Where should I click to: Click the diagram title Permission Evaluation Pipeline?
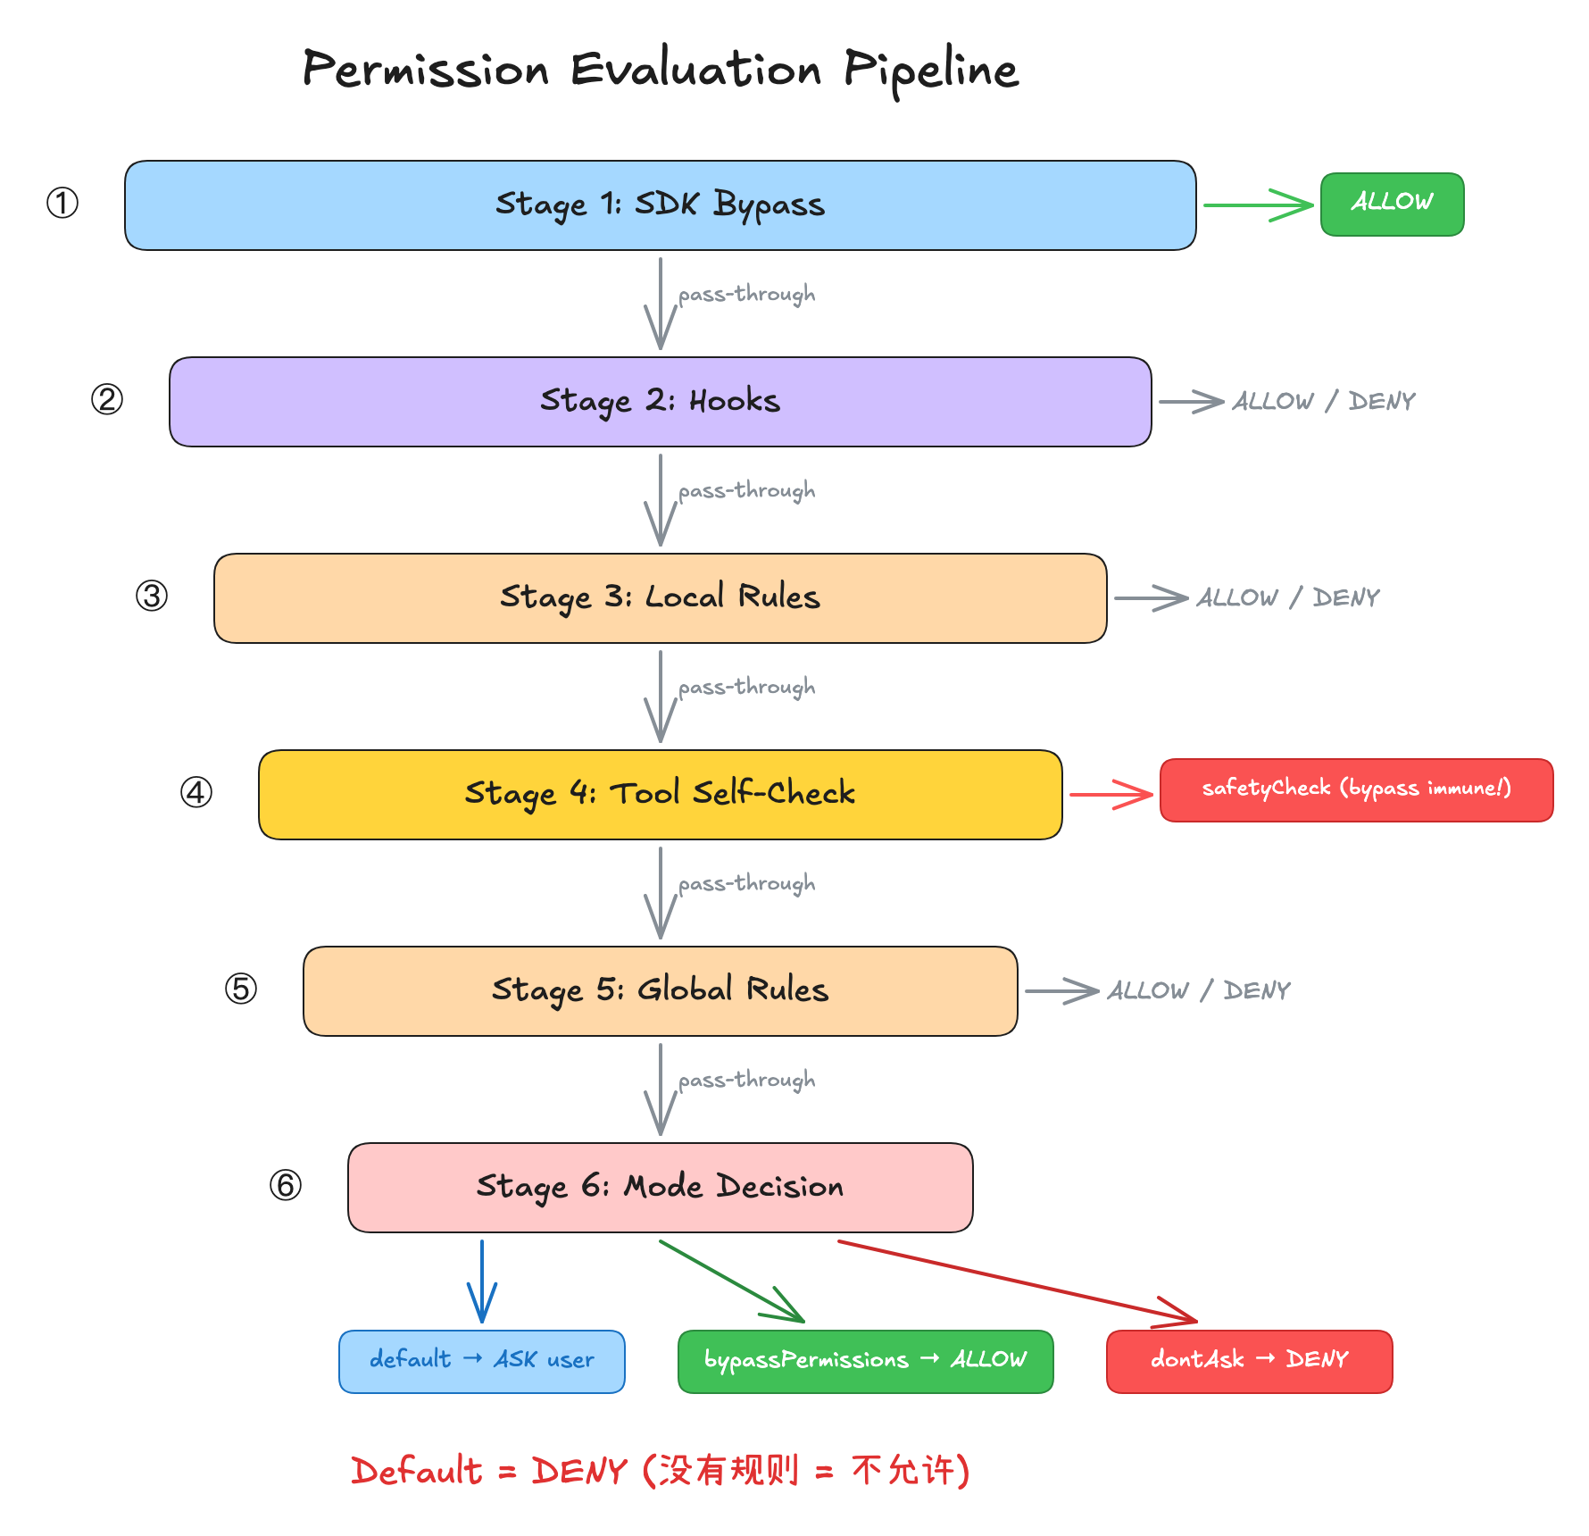pos(661,70)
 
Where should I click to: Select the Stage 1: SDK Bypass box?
pos(661,205)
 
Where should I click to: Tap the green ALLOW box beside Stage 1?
pos(1393,205)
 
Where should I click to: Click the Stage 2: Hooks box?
pos(661,402)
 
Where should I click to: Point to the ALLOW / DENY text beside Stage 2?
pos(1324,401)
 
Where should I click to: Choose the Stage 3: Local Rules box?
pos(661,598)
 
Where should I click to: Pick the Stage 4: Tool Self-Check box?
pos(661,795)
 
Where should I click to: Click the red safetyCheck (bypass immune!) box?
pos(1357,790)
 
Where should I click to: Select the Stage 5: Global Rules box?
pos(661,991)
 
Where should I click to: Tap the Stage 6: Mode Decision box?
pos(661,1188)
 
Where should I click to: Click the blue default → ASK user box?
pos(482,1362)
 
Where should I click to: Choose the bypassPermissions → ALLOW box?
pos(866,1362)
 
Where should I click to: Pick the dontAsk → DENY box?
pos(1250,1362)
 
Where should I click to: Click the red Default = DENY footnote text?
pos(661,1470)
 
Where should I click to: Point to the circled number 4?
pos(196,792)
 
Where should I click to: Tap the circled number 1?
pos(62,203)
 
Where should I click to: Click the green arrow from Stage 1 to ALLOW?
pos(1259,205)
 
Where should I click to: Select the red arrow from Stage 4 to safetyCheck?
pos(1111,794)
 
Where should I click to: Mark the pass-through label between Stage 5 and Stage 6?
pos(746,1081)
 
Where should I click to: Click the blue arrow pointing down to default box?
pos(482,1281)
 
